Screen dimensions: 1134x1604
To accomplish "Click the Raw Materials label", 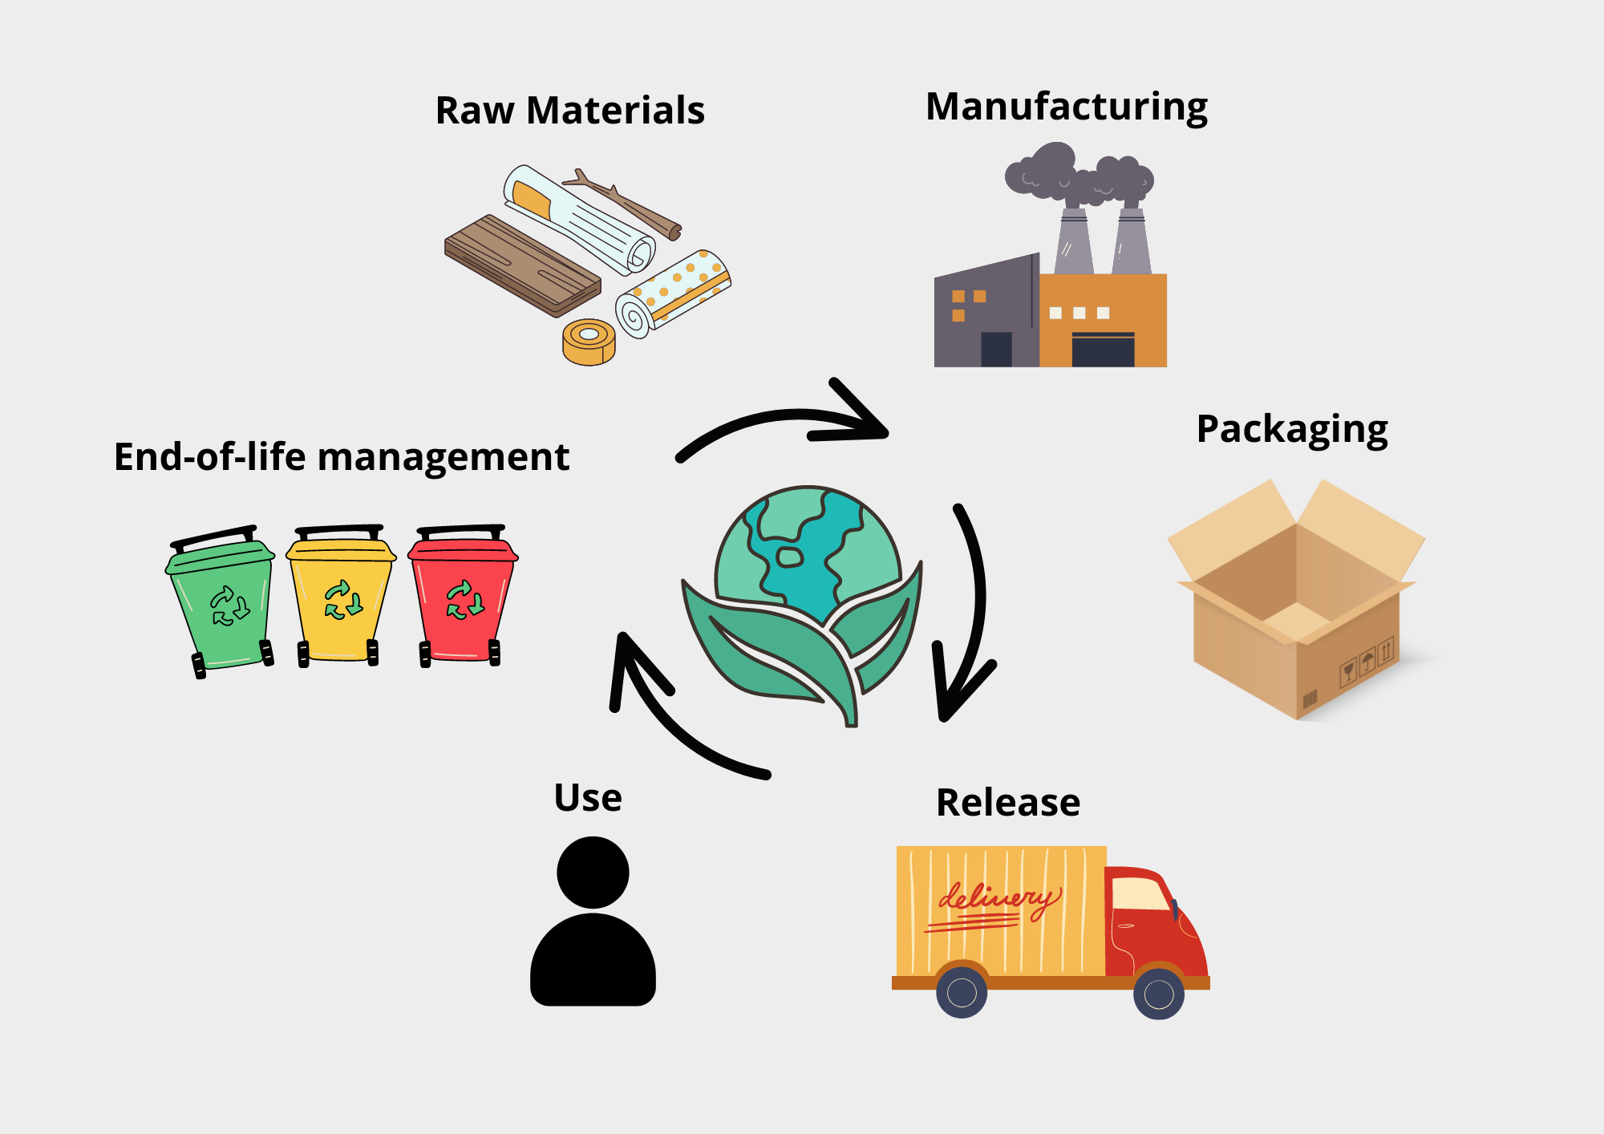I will coord(569,111).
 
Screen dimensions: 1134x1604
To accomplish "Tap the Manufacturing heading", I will coord(1066,107).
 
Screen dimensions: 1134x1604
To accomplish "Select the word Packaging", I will coord(1291,429).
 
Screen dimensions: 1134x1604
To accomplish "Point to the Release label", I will coord(1008,802).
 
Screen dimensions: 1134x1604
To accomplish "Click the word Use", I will coord(588,798).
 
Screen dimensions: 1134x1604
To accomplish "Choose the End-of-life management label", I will coord(341,457).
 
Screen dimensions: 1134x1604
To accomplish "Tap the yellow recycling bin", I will coord(341,597).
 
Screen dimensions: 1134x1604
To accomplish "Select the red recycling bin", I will coord(463,597).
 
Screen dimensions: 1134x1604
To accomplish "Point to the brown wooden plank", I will coord(521,265).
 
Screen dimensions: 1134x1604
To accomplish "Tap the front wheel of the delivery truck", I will coord(1158,994).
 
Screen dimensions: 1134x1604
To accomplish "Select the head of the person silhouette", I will coord(593,872).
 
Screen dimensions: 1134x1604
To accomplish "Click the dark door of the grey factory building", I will coord(996,349).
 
